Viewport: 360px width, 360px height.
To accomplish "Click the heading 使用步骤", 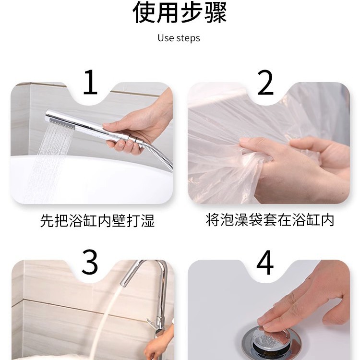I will coord(180,13).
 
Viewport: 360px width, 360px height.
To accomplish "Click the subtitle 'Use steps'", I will coord(179,38).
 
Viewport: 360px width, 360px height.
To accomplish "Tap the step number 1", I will coord(91,82).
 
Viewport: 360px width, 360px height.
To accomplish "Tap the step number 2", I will coord(265,82).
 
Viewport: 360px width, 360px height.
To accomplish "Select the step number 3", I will coord(90,262).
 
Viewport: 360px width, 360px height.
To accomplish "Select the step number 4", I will coord(265,262).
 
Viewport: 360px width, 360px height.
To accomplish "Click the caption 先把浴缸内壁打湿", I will coord(97,221).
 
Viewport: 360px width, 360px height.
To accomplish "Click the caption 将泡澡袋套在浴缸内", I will coord(270,221).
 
